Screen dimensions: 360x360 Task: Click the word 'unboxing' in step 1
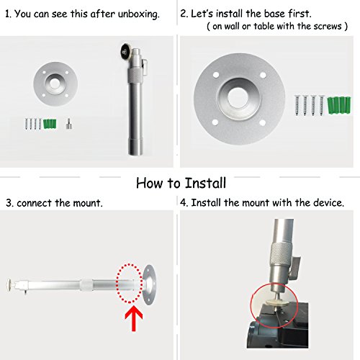[138, 14]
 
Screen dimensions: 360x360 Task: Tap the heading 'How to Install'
[181, 183]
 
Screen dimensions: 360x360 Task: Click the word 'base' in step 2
[276, 14]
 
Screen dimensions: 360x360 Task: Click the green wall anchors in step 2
[338, 105]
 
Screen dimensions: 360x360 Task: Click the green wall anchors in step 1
[50, 124]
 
